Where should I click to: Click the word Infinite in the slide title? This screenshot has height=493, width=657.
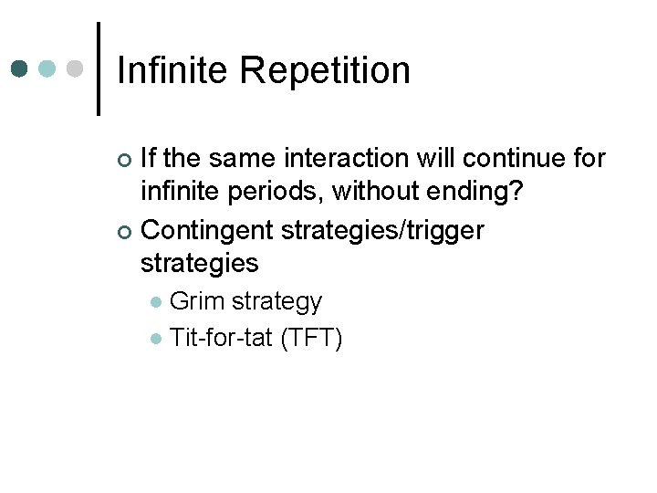click(x=174, y=70)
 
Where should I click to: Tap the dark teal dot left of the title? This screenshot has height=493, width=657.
click(x=20, y=69)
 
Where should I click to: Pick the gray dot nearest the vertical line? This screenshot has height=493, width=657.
click(x=76, y=69)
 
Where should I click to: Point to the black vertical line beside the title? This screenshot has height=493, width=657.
click(x=98, y=69)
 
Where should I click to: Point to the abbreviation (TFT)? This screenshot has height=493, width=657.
click(x=311, y=339)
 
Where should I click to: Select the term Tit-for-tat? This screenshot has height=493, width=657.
click(x=222, y=339)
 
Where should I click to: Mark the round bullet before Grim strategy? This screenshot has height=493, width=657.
click(x=156, y=301)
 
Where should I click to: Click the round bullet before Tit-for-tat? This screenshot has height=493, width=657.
click(x=156, y=340)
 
